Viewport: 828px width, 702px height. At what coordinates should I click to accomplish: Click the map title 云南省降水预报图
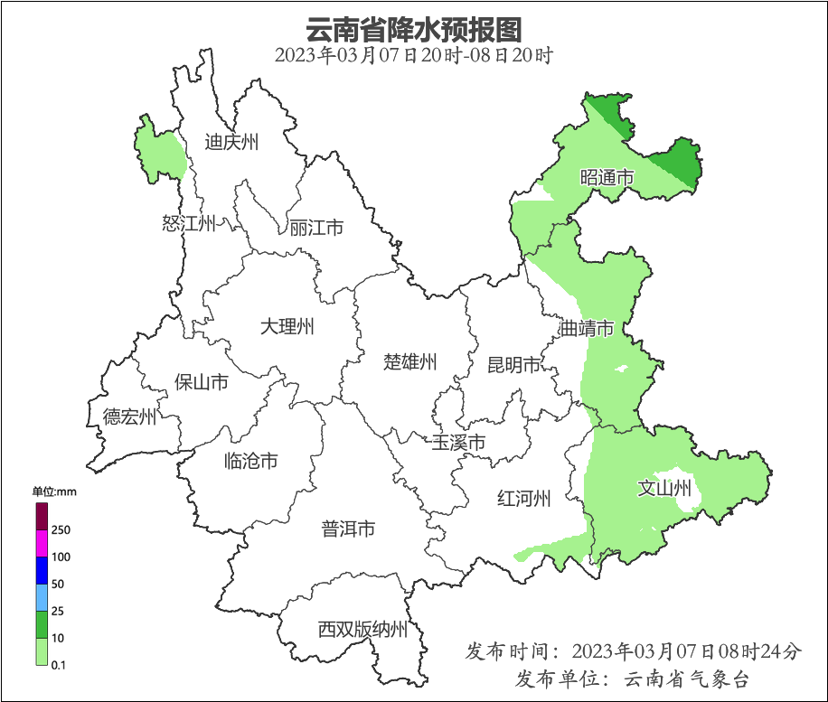click(x=414, y=29)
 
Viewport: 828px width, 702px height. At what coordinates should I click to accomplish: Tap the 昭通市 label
click(x=607, y=178)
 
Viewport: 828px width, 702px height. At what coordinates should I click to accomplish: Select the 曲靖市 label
click(x=587, y=328)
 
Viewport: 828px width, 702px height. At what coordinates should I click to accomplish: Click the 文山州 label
click(x=664, y=489)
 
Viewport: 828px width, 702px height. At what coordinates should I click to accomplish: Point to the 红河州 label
click(x=524, y=498)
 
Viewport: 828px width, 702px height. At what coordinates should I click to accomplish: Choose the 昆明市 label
click(x=513, y=365)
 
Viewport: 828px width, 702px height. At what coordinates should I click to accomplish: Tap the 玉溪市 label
click(x=458, y=443)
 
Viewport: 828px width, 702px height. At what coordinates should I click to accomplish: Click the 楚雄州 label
click(x=410, y=362)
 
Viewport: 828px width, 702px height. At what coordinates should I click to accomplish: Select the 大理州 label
click(x=287, y=326)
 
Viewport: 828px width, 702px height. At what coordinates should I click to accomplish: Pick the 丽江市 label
click(x=316, y=229)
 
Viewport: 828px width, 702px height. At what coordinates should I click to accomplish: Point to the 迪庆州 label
click(x=231, y=142)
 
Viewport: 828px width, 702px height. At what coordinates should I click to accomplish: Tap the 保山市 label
click(x=201, y=382)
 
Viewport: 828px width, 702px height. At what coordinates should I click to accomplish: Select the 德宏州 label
click(x=129, y=417)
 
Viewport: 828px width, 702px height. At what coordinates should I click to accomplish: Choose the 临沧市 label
click(x=250, y=462)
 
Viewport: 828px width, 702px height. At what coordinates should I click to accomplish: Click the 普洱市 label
click(x=348, y=529)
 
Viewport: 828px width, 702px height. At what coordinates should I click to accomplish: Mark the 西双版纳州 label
click(x=362, y=630)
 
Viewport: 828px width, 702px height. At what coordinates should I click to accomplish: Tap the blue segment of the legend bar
click(x=42, y=570)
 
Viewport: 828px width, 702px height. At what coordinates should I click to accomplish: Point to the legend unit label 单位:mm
click(x=55, y=491)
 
